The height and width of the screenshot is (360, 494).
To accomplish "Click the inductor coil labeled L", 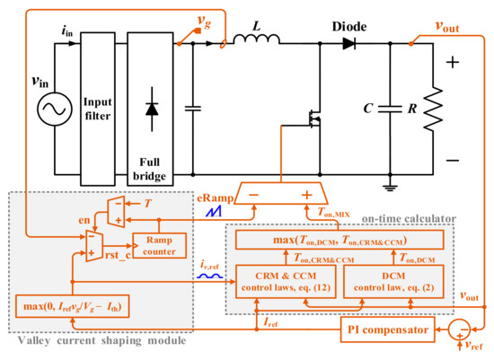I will pyautogui.click(x=257, y=40).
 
